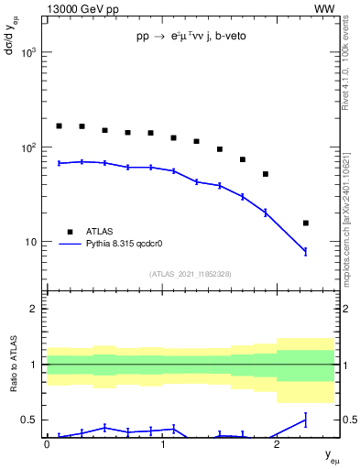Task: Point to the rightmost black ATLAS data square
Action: click(305, 223)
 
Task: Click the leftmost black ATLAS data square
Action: click(59, 125)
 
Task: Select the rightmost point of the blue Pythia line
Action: click(305, 251)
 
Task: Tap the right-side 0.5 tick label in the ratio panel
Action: click(348, 420)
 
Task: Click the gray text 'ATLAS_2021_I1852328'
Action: click(190, 274)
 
